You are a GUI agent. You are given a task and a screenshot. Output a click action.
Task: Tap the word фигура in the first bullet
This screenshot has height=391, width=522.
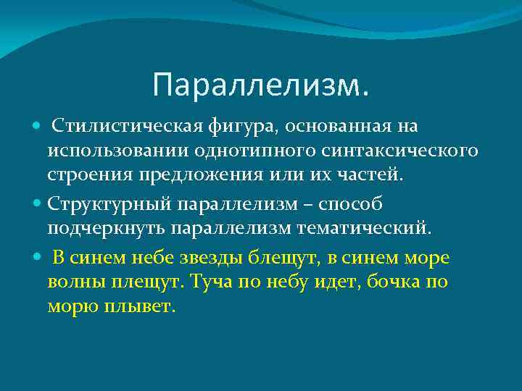(x=210, y=127)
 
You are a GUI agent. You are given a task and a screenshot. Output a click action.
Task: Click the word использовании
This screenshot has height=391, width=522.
(x=118, y=151)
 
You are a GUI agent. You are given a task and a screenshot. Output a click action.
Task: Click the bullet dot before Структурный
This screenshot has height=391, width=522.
(x=38, y=205)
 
